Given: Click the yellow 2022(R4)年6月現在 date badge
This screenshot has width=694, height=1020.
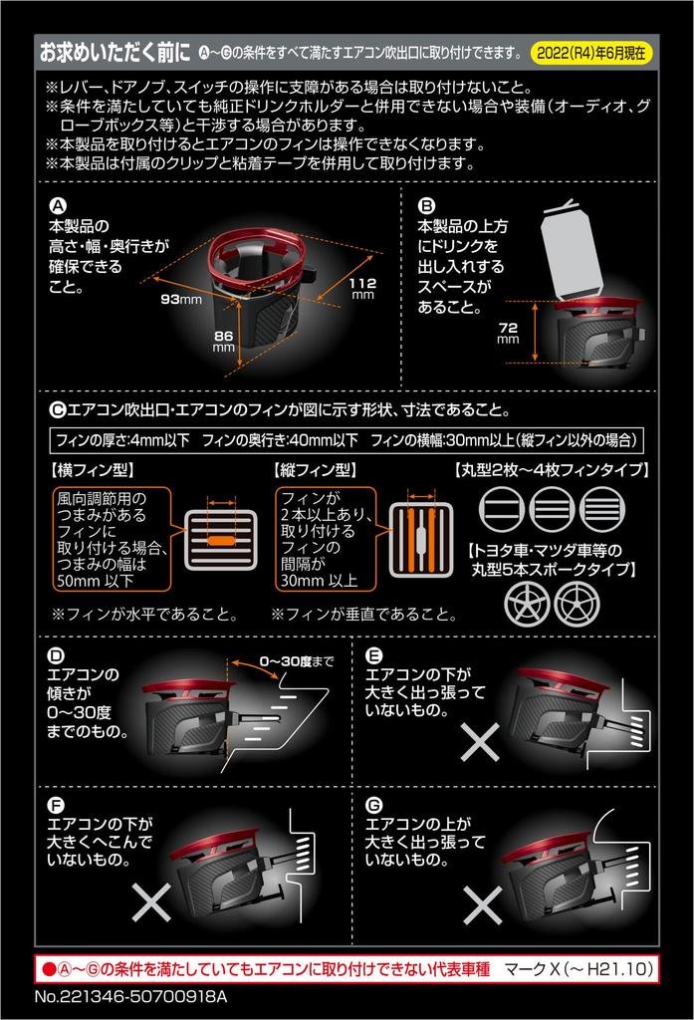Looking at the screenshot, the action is pyautogui.click(x=591, y=54).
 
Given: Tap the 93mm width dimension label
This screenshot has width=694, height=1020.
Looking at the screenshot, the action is pyautogui.click(x=181, y=299).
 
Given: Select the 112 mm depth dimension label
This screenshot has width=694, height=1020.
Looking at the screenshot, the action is pyautogui.click(x=363, y=288).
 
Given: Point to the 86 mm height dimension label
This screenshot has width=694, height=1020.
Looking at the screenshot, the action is pyautogui.click(x=224, y=341).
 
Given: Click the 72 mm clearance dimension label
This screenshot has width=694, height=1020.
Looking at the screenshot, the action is pyautogui.click(x=508, y=333).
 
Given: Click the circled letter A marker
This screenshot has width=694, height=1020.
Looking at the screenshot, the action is pyautogui.click(x=58, y=206).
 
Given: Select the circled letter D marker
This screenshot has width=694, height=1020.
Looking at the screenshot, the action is pyautogui.click(x=57, y=655).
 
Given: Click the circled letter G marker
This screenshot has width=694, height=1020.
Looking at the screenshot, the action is pyautogui.click(x=374, y=805).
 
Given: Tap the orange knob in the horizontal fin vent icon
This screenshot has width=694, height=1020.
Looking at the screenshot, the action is pyautogui.click(x=221, y=540).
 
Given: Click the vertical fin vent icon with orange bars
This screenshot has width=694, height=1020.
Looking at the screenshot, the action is pyautogui.click(x=421, y=539).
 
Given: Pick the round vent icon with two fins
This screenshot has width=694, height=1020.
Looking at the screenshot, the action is pyautogui.click(x=502, y=509).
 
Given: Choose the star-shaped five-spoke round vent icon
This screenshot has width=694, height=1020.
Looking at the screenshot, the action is pyautogui.click(x=527, y=603).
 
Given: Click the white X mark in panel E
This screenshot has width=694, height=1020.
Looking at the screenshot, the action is pyautogui.click(x=480, y=741).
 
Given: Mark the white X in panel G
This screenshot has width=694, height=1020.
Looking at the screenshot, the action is pyautogui.click(x=482, y=905).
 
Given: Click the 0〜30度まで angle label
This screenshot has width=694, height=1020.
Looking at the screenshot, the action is pyautogui.click(x=296, y=661).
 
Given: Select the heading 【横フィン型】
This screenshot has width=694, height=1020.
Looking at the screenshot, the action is pyautogui.click(x=92, y=470).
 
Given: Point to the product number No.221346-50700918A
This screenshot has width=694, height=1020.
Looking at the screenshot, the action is pyautogui.click(x=130, y=996).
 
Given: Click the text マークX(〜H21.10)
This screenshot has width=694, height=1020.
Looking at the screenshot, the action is pyautogui.click(x=578, y=969).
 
